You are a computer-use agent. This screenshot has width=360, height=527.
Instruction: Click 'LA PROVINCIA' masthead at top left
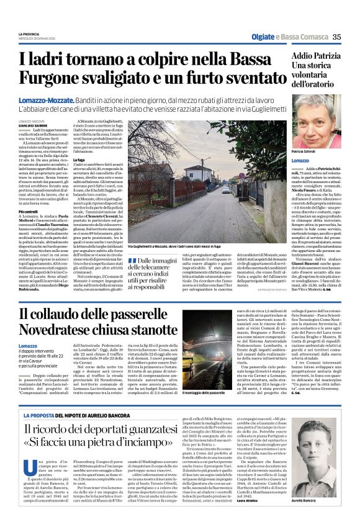[x=28, y=34]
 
